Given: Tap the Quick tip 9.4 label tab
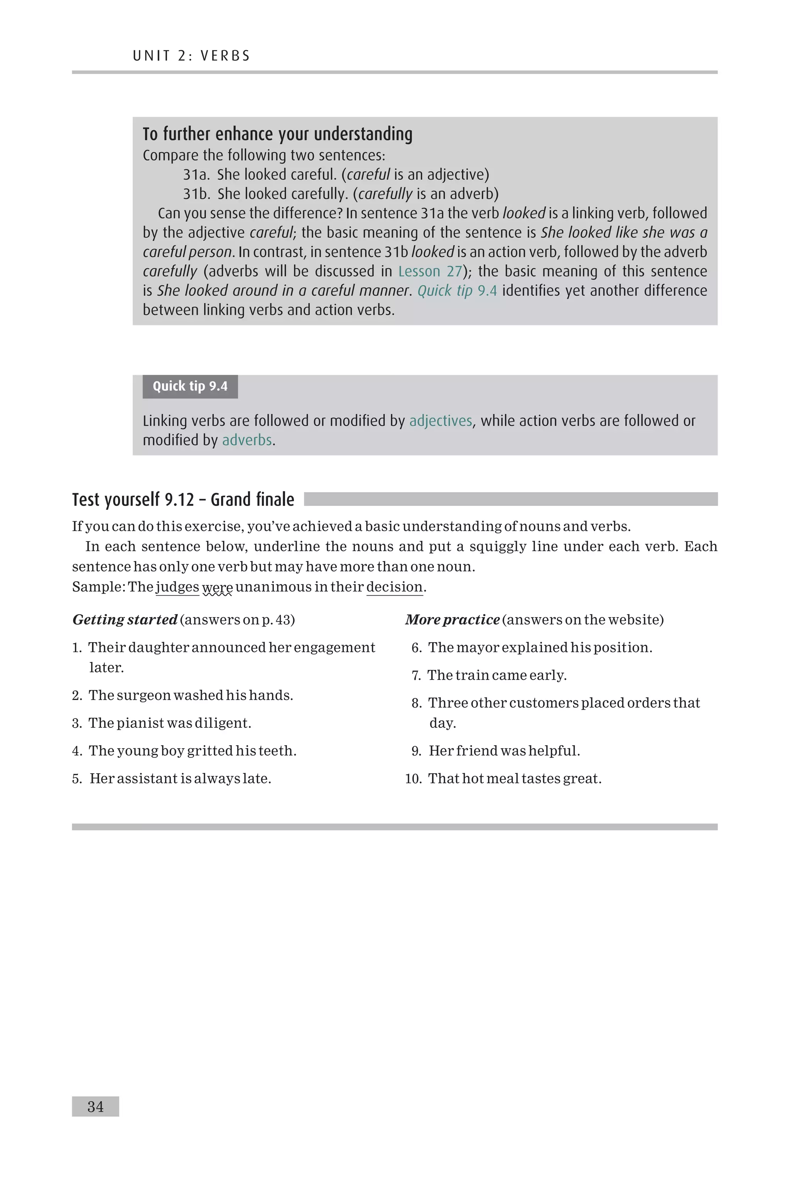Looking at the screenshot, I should click(x=190, y=386).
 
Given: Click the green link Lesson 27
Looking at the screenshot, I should click(x=430, y=272).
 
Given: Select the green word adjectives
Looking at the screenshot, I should click(x=441, y=420).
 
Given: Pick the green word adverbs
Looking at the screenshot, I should click(x=247, y=440).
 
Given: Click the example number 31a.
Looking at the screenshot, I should click(x=196, y=175).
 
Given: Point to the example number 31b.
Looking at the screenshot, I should click(x=196, y=194).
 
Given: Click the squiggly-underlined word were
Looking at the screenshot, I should click(x=217, y=587).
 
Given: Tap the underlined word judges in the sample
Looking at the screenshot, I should click(x=177, y=587).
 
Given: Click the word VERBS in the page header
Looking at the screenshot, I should click(x=225, y=56).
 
